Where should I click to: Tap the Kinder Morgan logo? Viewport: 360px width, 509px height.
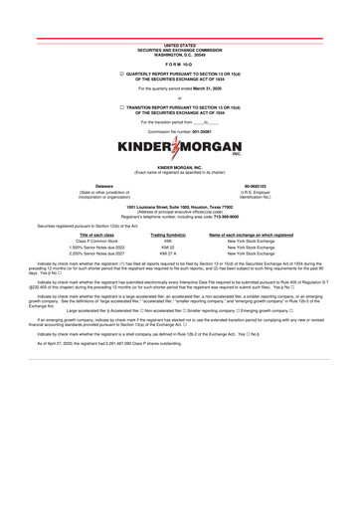pyautogui.click(x=180, y=148)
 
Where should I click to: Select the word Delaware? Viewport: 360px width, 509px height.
pyautogui.click(x=104, y=186)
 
